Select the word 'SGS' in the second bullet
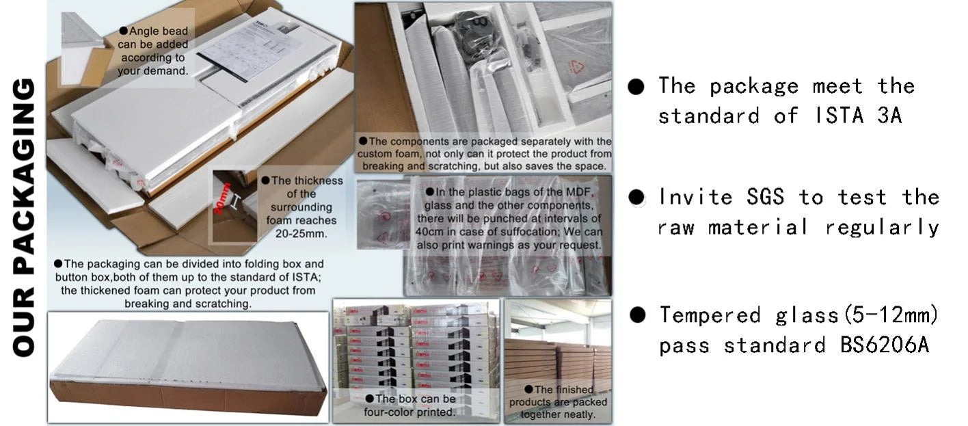click(x=765, y=197)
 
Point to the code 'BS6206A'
click(x=885, y=345)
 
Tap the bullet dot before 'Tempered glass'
click(x=637, y=315)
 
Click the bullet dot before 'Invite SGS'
click(x=636, y=198)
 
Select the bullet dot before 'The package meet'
click(x=636, y=86)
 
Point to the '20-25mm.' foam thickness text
click(x=301, y=234)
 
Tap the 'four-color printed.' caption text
click(x=409, y=412)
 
